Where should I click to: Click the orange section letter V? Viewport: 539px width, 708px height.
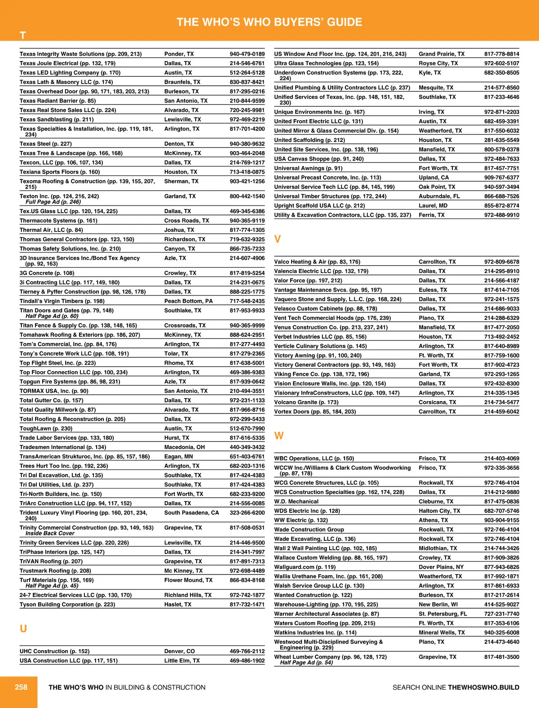(278, 239)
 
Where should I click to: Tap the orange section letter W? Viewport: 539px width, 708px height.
(279, 436)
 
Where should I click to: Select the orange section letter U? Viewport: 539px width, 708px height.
(23, 628)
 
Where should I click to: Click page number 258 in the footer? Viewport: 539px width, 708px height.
(21, 687)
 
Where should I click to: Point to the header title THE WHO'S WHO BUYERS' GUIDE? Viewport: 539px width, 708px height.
(269, 22)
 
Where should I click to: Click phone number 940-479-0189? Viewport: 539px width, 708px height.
(247, 54)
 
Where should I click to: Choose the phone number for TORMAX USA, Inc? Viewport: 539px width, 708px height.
(247, 391)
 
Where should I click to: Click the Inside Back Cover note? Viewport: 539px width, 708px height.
(50, 534)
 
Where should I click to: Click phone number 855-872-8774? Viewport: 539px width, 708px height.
(502, 206)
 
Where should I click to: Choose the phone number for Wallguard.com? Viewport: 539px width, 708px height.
(502, 567)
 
